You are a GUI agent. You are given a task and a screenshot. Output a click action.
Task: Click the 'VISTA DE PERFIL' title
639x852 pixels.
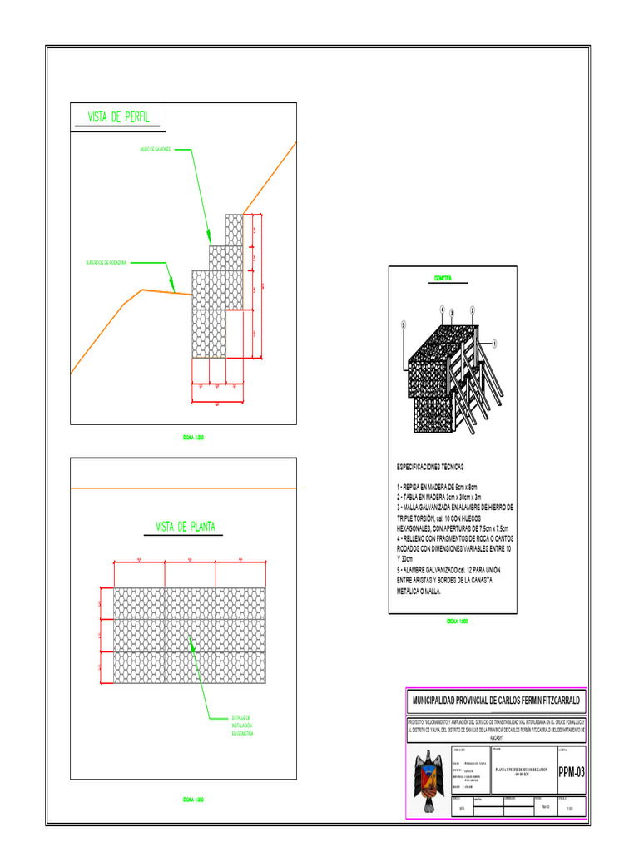pyautogui.click(x=118, y=117)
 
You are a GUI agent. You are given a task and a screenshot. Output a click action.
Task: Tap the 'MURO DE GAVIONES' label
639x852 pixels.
pyautogui.click(x=155, y=150)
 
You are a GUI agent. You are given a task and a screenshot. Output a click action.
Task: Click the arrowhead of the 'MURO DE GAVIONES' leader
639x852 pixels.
pyautogui.click(x=210, y=240)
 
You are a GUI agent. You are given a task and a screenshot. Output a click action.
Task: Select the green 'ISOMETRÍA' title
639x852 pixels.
pyautogui.click(x=443, y=278)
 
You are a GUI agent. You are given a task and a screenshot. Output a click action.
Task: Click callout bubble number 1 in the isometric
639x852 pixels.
pyautogui.click(x=493, y=342)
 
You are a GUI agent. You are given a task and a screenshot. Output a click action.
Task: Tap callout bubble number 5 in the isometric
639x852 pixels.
pyautogui.click(x=404, y=324)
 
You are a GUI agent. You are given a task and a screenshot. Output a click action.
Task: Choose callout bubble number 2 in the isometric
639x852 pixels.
pyautogui.click(x=472, y=309)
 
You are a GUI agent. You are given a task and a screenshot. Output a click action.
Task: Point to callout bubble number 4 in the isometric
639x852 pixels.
pyautogui.click(x=441, y=310)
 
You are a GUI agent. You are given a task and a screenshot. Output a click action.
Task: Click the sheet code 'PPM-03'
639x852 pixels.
pyautogui.click(x=571, y=772)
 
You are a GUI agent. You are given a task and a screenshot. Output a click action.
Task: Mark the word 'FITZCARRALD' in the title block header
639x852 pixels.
pyautogui.click(x=554, y=700)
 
